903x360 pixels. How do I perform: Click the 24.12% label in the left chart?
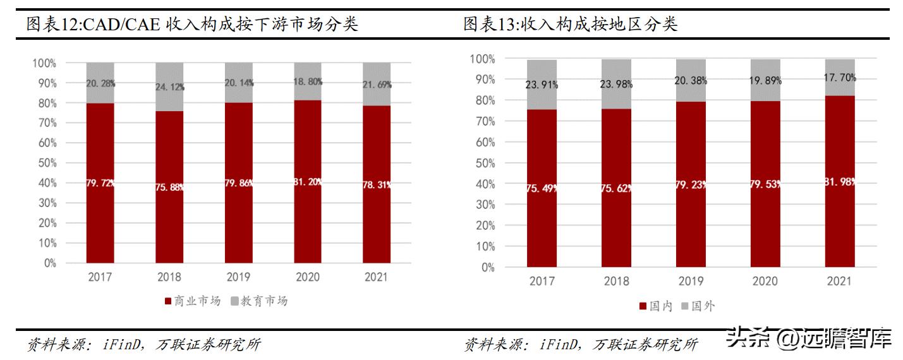coord(169,87)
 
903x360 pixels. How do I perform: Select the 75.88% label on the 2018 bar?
coord(169,187)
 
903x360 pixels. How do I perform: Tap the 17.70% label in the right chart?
coord(839,78)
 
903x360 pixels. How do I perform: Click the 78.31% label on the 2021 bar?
coord(377,184)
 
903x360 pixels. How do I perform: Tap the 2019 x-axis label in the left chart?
coord(238,277)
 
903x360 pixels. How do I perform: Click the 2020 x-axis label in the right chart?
coord(765,281)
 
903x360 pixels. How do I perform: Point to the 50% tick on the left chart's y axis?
coord(44,163)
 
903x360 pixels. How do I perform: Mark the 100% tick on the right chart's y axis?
coord(483,59)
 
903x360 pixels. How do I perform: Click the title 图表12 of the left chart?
coord(191,25)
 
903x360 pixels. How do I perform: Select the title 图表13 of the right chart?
coord(570,25)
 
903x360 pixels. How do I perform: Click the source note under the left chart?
coord(143,345)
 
